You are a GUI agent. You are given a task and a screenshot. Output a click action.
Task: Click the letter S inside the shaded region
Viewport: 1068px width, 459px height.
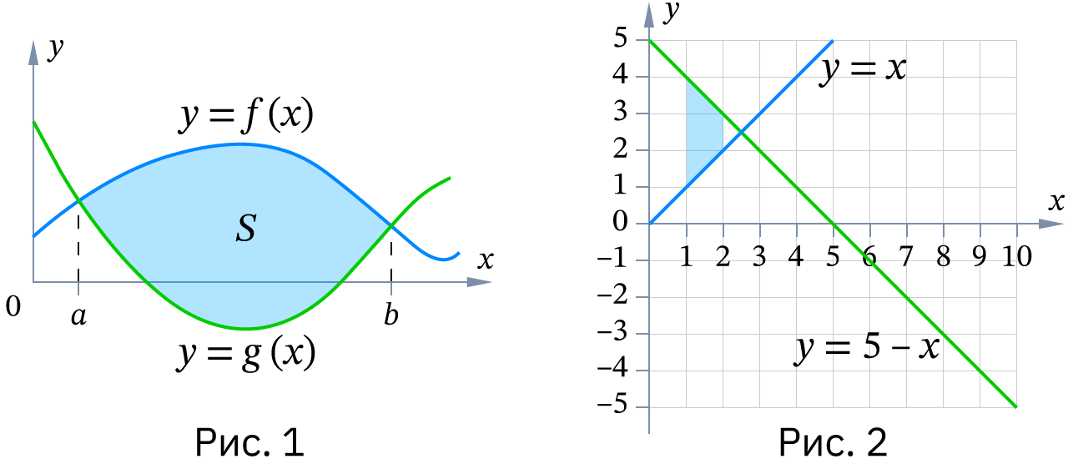246,228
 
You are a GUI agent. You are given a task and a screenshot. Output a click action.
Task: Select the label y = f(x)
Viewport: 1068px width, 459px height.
246,115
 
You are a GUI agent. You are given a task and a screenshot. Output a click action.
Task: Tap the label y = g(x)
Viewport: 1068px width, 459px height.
246,354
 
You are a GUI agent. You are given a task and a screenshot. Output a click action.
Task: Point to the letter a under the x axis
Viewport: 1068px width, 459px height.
78,315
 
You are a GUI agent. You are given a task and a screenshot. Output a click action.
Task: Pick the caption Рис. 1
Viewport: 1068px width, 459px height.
249,442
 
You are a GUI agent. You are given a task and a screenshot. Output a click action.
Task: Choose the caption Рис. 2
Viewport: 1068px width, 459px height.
833,442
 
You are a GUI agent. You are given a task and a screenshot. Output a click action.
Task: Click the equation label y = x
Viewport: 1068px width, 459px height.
863,69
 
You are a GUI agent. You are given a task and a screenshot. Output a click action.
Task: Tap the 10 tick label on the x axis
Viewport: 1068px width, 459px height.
1017,256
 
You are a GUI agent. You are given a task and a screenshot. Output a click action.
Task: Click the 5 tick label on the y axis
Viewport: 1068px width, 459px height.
620,38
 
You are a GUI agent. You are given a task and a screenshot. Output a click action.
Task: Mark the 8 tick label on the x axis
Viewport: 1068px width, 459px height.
943,256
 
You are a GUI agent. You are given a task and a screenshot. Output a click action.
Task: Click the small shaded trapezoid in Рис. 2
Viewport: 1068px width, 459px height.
704,132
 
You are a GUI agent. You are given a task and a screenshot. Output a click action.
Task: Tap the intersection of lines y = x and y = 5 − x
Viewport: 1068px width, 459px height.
741,132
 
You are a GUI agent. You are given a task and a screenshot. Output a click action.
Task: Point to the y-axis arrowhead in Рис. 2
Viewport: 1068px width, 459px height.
649,14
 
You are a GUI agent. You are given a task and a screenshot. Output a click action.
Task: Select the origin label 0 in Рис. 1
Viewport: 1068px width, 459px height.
13,305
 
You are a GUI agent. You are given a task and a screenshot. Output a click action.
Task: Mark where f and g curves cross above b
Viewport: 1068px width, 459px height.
391,225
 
